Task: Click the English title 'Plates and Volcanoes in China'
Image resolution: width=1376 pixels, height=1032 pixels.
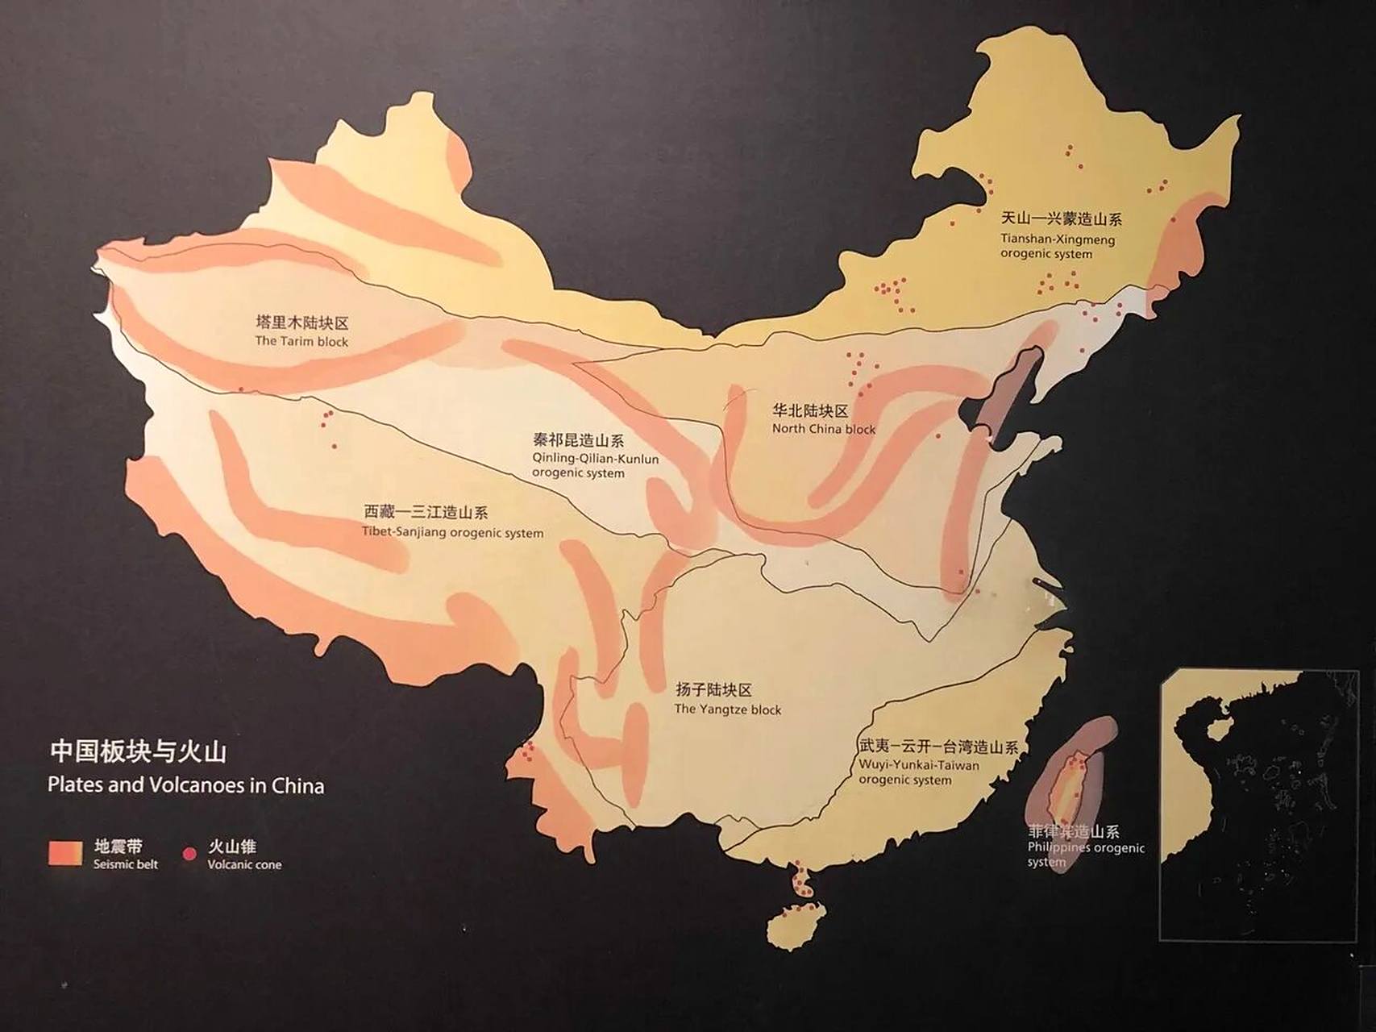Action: point(185,785)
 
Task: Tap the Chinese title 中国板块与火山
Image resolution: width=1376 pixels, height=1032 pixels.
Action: point(138,751)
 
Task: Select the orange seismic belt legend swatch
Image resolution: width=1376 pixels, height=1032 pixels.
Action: point(65,853)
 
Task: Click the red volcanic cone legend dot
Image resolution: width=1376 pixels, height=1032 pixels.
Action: point(190,854)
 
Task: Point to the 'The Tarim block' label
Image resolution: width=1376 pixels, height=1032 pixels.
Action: point(301,341)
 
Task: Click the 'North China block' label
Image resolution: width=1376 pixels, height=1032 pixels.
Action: point(823,429)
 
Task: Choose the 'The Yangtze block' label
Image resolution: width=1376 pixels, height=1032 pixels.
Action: point(727,709)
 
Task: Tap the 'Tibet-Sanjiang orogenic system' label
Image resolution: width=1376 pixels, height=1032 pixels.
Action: point(452,532)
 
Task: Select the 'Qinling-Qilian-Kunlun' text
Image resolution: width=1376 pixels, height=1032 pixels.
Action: point(595,459)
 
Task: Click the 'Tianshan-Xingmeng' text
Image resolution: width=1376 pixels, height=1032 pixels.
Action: point(1058,239)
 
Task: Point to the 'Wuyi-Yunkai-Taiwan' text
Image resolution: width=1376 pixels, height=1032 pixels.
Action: point(919,765)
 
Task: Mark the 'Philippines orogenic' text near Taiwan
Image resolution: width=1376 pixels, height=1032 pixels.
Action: point(1086,847)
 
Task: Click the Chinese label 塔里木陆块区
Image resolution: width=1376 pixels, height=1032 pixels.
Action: point(301,322)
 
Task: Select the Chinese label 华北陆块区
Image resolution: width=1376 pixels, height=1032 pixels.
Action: point(809,410)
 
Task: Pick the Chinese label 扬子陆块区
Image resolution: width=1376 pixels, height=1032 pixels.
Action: point(713,690)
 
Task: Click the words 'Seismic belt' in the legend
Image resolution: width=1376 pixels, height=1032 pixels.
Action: point(125,864)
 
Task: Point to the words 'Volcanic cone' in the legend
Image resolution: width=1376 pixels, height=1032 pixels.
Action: point(244,864)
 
